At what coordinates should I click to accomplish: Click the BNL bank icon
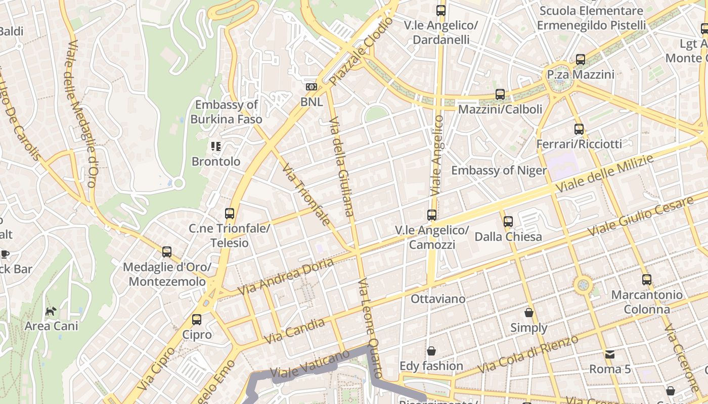312,87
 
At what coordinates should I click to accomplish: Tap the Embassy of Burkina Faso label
227,112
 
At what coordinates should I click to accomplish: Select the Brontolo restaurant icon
216,146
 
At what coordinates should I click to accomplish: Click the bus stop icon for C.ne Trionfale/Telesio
230,213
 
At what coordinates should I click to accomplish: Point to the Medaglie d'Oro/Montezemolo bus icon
167,251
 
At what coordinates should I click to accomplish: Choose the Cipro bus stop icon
197,319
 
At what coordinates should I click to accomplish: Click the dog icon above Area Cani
51,311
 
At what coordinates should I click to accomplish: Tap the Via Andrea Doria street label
286,277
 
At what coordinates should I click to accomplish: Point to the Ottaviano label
438,298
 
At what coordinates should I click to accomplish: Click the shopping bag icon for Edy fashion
431,350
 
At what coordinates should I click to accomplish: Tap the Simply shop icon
529,313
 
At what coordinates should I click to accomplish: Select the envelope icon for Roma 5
610,354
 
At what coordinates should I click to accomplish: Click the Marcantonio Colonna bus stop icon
646,279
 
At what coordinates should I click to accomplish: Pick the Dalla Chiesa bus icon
508,221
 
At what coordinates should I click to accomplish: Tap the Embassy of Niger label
499,170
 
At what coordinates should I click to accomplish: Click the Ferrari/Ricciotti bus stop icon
579,129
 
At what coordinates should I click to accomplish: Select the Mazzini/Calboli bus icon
500,94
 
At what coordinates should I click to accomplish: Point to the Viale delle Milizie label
604,173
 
